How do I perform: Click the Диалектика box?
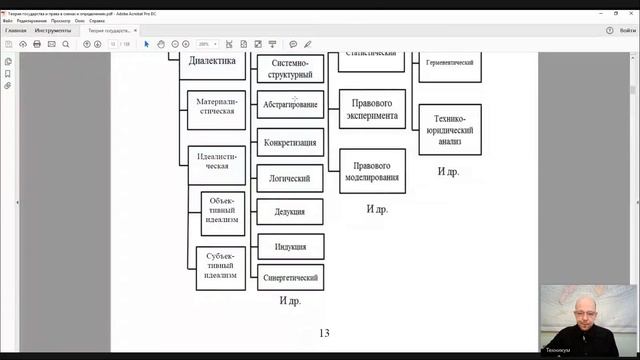coord(212,62)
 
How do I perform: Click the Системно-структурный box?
coord(291,68)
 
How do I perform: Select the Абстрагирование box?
coord(291,104)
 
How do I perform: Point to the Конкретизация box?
coord(291,142)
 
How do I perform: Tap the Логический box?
coord(291,178)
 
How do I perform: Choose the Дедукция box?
coord(291,212)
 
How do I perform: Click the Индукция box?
coord(291,246)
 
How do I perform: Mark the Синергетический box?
coord(291,277)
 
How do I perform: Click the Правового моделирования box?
coord(372,170)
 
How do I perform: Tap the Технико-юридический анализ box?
coord(449,130)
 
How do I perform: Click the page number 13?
coord(323,333)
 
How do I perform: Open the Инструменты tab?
coord(52,30)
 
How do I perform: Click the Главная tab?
coord(16,30)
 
